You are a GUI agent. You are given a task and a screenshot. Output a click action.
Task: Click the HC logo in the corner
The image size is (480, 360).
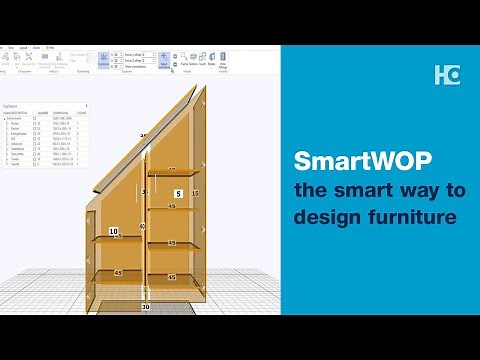coord(447,74)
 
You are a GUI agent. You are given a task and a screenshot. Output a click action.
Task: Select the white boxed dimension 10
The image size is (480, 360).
coord(113,231)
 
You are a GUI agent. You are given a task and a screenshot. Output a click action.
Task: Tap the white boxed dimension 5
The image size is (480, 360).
coord(178,193)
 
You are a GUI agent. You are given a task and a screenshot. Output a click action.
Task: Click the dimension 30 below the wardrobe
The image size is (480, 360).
coord(145,308)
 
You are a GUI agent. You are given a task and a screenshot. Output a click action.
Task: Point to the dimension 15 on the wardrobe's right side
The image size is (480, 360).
coord(195,192)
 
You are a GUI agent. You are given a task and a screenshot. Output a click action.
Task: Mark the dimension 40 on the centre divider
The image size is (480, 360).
coord(142,227)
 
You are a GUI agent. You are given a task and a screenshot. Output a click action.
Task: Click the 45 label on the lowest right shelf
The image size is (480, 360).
coord(171,277)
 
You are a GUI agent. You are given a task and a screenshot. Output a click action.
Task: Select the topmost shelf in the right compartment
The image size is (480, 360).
coord(171,208)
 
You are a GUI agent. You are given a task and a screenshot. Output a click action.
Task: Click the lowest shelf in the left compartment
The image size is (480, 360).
coord(118,273)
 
